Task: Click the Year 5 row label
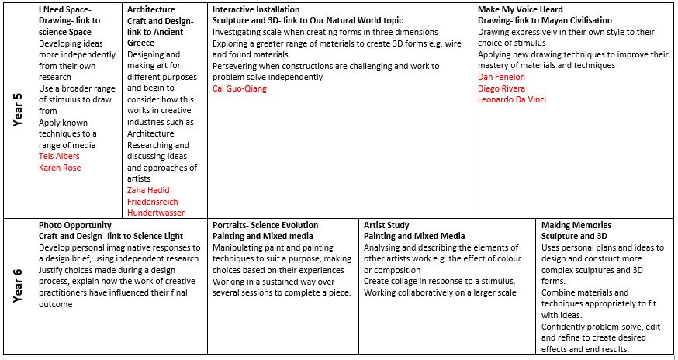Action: (x=18, y=109)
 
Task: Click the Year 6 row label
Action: (x=18, y=286)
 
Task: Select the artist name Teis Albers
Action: (x=59, y=156)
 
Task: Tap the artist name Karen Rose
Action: (x=60, y=168)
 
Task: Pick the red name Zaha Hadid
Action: (x=148, y=190)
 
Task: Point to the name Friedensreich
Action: (x=153, y=202)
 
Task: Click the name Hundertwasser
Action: (x=156, y=213)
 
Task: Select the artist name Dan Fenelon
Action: (x=501, y=77)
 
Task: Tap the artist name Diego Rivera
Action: (x=501, y=88)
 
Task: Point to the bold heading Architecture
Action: (x=151, y=9)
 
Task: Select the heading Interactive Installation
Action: (x=254, y=9)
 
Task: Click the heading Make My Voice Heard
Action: (x=521, y=9)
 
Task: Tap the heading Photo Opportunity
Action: (x=74, y=225)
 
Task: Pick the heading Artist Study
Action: (x=389, y=225)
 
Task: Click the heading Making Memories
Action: (x=576, y=225)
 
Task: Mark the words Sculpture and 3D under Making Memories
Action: (x=574, y=236)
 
